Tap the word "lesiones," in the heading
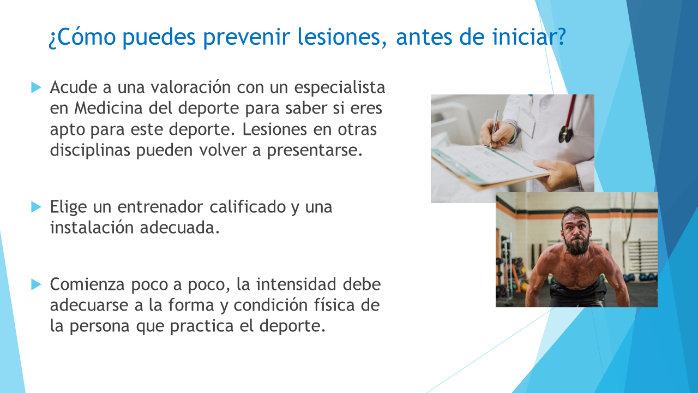coord(342,37)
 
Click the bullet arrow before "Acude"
coord(36,87)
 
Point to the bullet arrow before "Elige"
coord(36,207)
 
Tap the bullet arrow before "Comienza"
coord(36,284)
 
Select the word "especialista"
coord(340,88)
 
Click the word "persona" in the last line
coord(99,326)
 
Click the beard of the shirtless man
coord(577,244)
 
